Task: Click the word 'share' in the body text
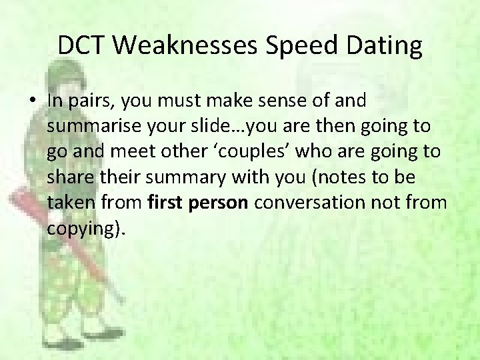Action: (69, 177)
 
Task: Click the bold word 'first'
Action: (166, 202)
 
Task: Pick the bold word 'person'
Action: (219, 202)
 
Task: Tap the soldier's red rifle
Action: (67, 240)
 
